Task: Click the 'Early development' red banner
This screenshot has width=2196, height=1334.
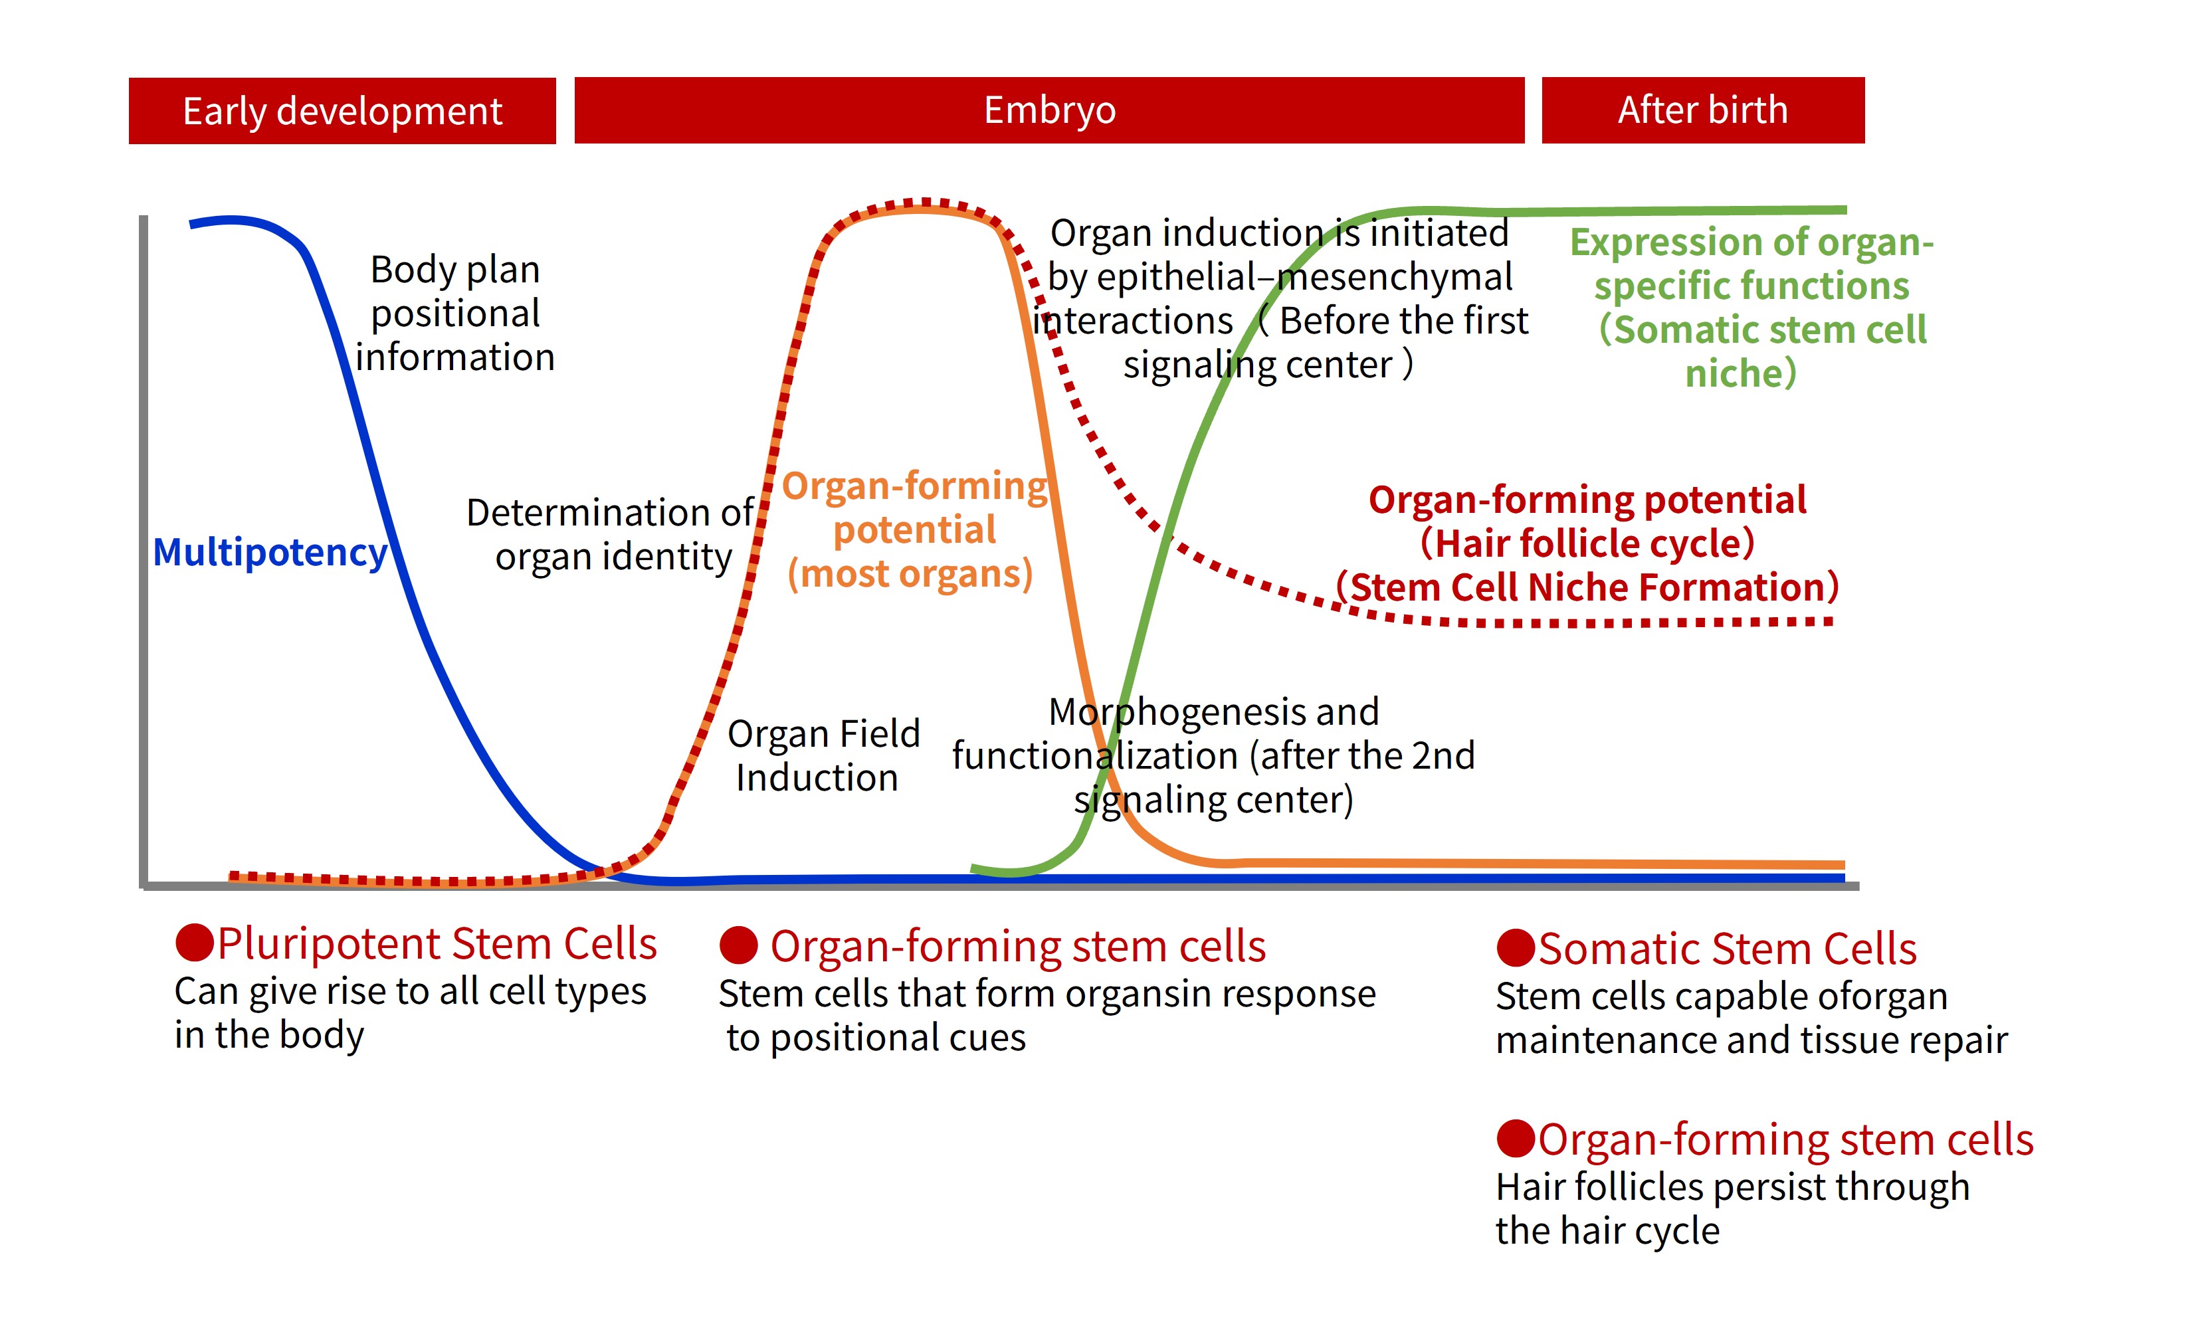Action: [x=342, y=110]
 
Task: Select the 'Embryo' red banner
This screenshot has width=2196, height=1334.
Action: [x=1049, y=110]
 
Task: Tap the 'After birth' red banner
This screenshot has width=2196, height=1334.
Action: [x=1702, y=110]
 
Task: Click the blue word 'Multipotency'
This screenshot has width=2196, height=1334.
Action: [x=270, y=553]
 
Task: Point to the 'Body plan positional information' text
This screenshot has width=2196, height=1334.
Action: [x=454, y=313]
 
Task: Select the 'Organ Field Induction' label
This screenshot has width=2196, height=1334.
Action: [x=822, y=755]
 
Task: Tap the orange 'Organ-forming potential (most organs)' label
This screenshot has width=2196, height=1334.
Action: [x=914, y=529]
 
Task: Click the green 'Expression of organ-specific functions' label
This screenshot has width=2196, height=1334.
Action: [x=1751, y=264]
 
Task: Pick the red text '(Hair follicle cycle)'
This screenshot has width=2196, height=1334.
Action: [x=1587, y=543]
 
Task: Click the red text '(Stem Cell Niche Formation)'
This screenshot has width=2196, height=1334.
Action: [x=1587, y=588]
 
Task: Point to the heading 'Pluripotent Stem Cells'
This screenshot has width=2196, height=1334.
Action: [x=437, y=943]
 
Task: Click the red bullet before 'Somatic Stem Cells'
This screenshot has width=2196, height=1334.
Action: [x=1515, y=948]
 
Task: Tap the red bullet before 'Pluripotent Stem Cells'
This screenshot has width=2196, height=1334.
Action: [x=194, y=943]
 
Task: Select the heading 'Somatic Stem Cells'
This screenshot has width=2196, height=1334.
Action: [x=1727, y=949]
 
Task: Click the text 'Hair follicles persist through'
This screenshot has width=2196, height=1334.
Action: [x=1732, y=1187]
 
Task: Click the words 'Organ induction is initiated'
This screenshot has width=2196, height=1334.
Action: [x=1279, y=233]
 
